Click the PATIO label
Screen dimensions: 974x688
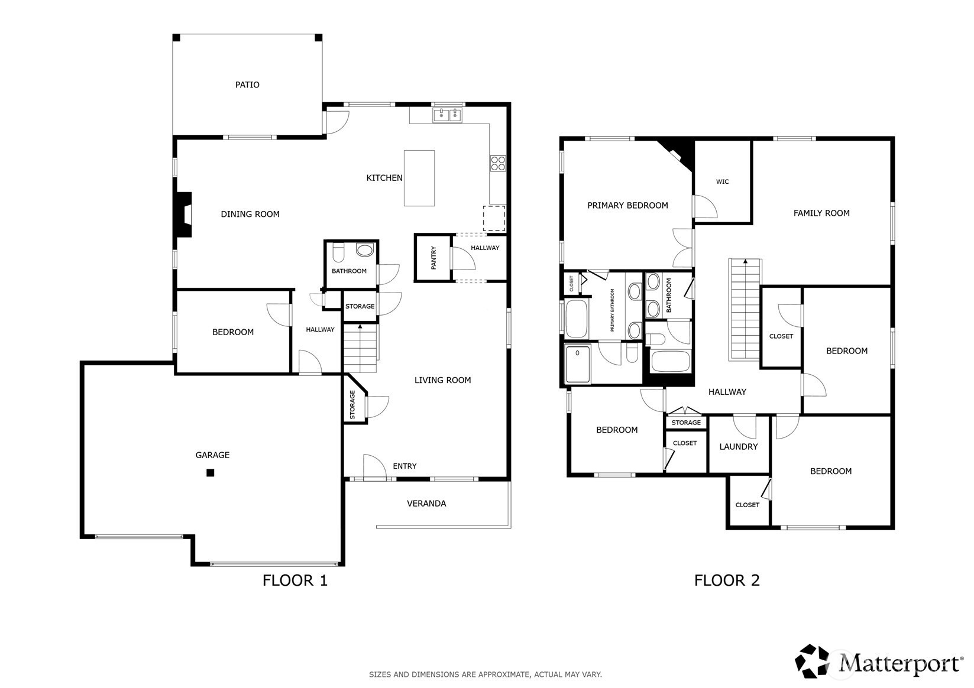[x=247, y=85]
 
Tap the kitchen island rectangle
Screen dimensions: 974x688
[x=419, y=178]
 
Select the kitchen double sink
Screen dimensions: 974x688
[x=447, y=115]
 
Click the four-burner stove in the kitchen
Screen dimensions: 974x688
[x=498, y=163]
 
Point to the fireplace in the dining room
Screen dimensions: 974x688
[x=183, y=215]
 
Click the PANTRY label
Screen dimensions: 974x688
[x=433, y=258]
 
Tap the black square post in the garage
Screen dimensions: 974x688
[x=211, y=472]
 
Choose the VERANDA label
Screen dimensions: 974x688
[x=426, y=503]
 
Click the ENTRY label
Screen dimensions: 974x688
[x=405, y=466]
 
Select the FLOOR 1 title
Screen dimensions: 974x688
[x=295, y=580]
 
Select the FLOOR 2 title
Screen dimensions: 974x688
[x=727, y=580]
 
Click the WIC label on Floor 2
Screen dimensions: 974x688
[x=722, y=181]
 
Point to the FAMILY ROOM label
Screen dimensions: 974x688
[x=821, y=213]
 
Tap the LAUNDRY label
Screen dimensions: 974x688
[x=738, y=446]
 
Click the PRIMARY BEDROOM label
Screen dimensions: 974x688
[x=627, y=205]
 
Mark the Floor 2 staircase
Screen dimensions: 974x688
[x=745, y=309]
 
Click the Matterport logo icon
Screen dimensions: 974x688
[x=812, y=661]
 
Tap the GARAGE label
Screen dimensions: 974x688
[x=212, y=455]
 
